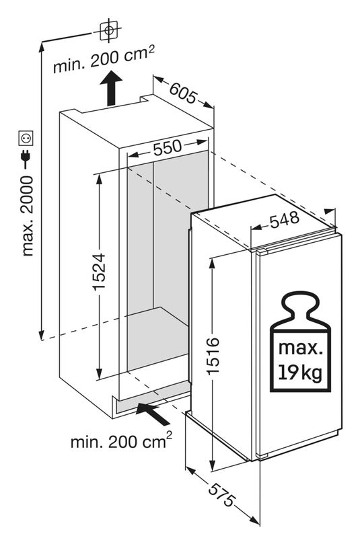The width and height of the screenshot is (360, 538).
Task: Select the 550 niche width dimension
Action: pyautogui.click(x=167, y=148)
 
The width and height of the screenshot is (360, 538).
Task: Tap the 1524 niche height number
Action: pyautogui.click(x=99, y=272)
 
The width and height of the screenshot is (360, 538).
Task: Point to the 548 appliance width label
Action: pyautogui.click(x=285, y=221)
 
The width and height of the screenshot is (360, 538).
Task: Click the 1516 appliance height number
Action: pyautogui.click(x=213, y=356)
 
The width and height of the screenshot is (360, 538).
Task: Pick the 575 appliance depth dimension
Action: pyautogui.click(x=222, y=494)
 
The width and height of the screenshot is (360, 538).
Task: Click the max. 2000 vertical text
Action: pyautogui.click(x=28, y=216)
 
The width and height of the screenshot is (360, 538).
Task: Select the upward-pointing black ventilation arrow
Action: pyautogui.click(x=111, y=88)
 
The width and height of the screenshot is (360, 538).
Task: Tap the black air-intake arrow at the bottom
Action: pyautogui.click(x=153, y=414)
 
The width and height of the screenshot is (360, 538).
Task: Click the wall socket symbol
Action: pyautogui.click(x=26, y=139)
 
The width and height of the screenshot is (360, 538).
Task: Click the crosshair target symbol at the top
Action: pyautogui.click(x=109, y=30)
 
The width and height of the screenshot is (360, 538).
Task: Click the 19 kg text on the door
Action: pyautogui.click(x=300, y=373)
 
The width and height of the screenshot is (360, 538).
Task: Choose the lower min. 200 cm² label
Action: pyautogui.click(x=121, y=441)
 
